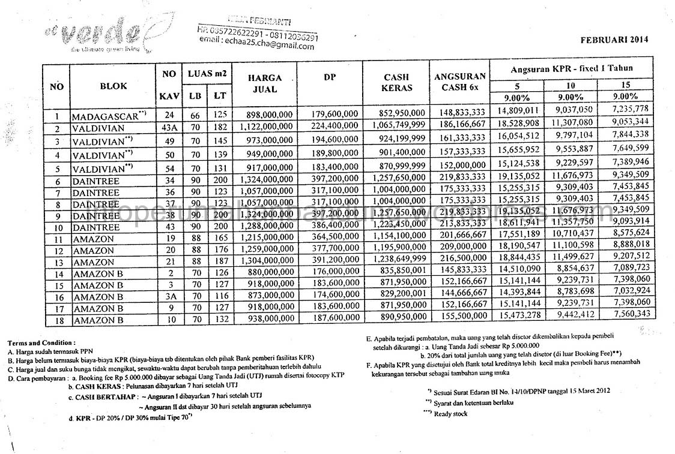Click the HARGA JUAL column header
click(265, 83)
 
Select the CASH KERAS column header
click(396, 83)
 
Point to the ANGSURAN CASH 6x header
click(459, 83)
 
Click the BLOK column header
click(113, 86)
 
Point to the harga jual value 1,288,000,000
click(265, 228)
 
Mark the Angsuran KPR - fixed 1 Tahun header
click(571, 68)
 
